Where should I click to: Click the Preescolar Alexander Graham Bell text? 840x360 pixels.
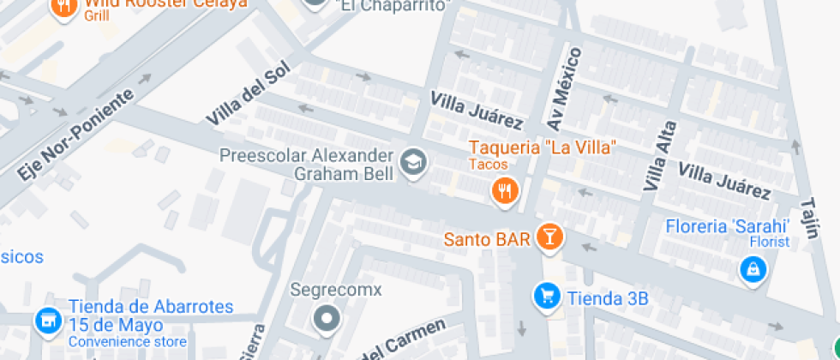pos(306,165)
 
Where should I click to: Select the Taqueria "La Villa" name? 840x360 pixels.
pos(543,147)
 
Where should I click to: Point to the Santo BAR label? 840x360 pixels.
pos(487,238)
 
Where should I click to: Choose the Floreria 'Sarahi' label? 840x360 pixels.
pos(727,227)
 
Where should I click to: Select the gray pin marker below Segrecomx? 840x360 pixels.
pos(327,320)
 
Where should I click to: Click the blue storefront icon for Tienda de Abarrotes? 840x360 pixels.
pos(48,321)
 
